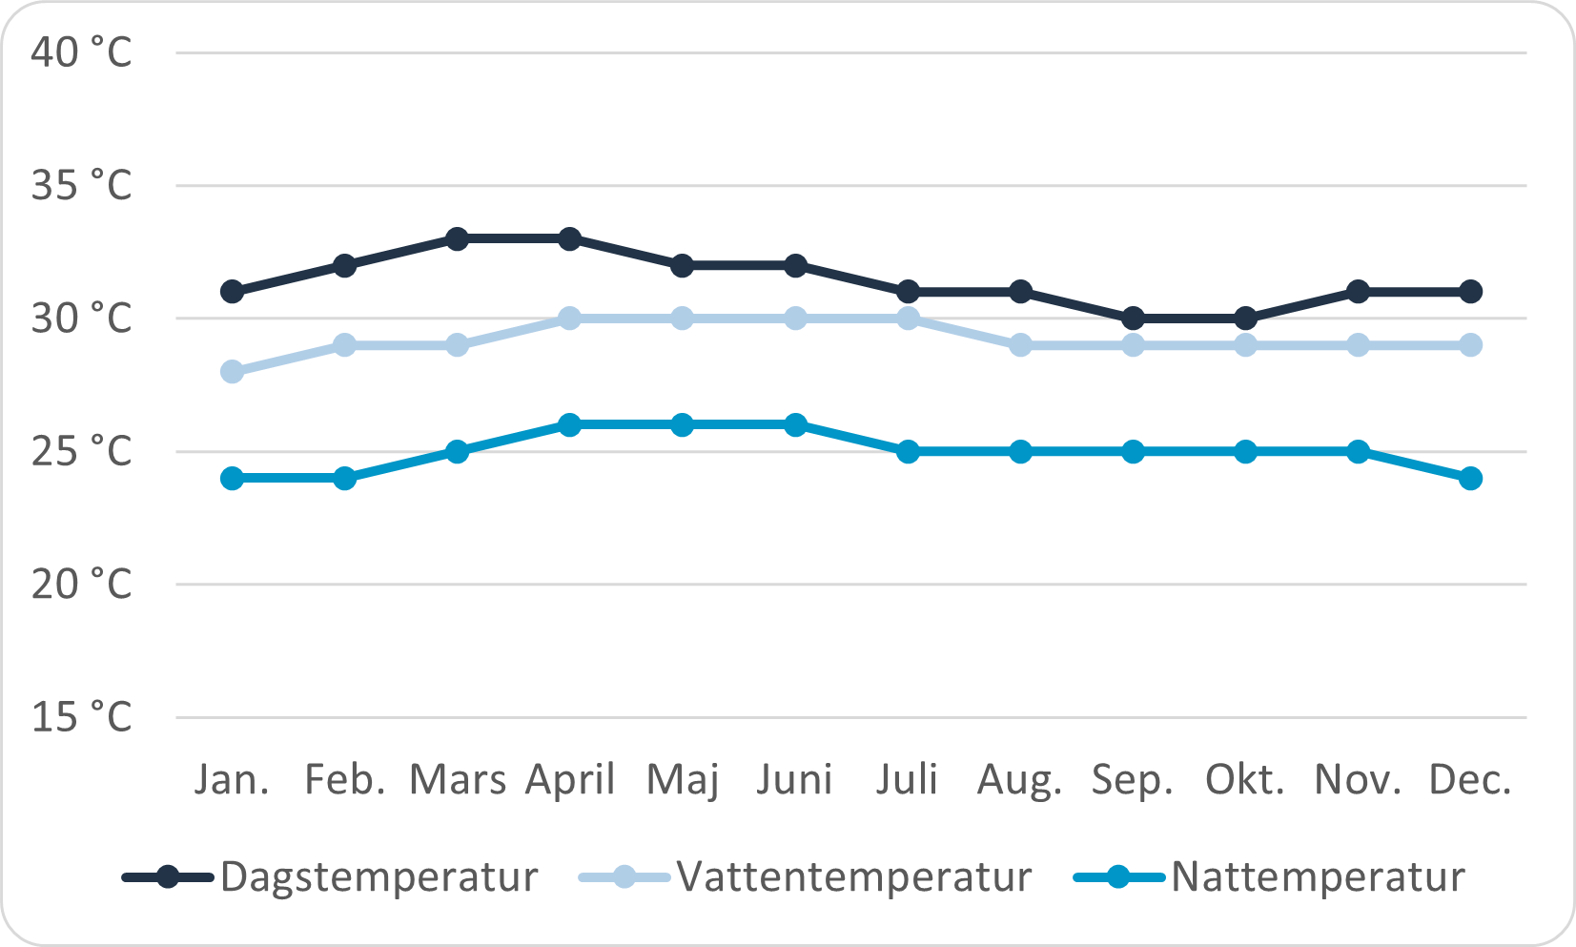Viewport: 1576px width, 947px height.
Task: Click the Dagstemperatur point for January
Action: [x=232, y=292]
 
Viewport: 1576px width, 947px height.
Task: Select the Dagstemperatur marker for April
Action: [x=570, y=238]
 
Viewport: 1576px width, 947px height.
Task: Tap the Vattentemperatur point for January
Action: [x=232, y=371]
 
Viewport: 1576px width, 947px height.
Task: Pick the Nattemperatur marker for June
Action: [x=795, y=424]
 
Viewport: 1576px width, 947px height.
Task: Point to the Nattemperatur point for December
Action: [x=1471, y=478]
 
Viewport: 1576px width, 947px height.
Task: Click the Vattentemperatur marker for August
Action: [x=1020, y=344]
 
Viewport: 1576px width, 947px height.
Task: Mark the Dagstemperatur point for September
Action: [x=1133, y=318]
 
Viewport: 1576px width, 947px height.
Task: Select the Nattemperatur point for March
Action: [x=458, y=451]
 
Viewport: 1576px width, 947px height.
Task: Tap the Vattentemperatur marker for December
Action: [x=1471, y=344]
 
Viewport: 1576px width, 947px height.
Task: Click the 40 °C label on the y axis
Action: [x=81, y=52]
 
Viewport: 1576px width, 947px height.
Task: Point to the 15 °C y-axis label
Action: [x=81, y=717]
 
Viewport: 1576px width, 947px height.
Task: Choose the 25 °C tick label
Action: [x=81, y=451]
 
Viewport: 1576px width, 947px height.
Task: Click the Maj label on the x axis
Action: [x=683, y=781]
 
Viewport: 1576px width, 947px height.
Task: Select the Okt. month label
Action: [x=1245, y=781]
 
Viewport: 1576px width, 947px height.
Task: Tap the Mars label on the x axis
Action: [x=458, y=781]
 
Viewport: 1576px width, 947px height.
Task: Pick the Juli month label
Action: [x=908, y=781]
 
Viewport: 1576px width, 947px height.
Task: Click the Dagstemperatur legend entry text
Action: [x=379, y=877]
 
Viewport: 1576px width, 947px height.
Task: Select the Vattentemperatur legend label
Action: [x=854, y=877]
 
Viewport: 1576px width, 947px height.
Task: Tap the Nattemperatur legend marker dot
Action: [x=1117, y=877]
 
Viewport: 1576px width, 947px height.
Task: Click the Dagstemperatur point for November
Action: [x=1359, y=292]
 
